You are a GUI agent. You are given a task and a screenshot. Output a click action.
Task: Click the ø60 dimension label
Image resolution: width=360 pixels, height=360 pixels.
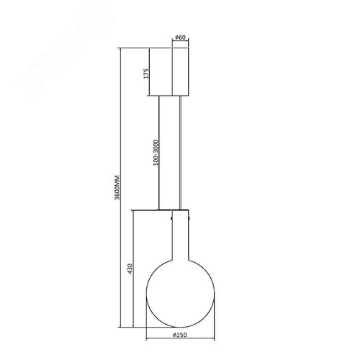(181, 37)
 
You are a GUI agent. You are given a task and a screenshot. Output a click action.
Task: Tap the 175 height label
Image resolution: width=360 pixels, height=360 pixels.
(146, 73)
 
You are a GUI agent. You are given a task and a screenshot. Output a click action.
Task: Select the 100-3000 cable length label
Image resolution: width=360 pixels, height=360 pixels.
(156, 153)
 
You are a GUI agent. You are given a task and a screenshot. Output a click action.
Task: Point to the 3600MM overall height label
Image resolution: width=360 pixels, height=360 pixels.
(117, 188)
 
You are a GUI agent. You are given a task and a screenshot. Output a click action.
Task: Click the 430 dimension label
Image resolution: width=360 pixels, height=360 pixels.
(130, 269)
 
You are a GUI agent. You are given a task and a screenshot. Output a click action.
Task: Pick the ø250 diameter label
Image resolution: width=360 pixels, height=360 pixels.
(180, 335)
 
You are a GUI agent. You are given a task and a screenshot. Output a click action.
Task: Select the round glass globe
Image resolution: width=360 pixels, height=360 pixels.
(180, 294)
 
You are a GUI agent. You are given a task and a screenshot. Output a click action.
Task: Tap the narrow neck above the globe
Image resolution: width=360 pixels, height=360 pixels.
(181, 236)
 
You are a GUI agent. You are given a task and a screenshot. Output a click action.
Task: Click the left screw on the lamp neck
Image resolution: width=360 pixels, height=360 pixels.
(171, 218)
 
